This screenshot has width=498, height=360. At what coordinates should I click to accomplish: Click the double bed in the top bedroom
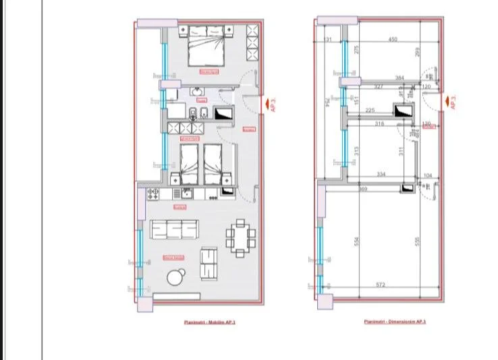(204, 46)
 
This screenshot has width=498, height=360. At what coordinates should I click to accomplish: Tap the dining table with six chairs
(241, 239)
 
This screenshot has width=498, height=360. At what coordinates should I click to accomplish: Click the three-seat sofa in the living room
(174, 230)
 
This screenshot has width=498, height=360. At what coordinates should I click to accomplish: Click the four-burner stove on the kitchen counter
(153, 193)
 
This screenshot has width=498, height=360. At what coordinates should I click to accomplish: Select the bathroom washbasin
(197, 92)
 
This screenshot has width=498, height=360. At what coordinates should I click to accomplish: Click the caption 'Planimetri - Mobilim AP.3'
(210, 322)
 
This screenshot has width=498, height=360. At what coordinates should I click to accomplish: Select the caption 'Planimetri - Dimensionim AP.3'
(394, 322)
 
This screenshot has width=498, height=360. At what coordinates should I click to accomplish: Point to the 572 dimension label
(381, 285)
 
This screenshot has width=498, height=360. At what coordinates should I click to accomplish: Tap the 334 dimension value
(381, 174)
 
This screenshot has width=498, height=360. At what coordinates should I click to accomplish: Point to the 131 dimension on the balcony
(328, 40)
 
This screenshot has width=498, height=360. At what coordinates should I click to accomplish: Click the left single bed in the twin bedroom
(189, 163)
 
